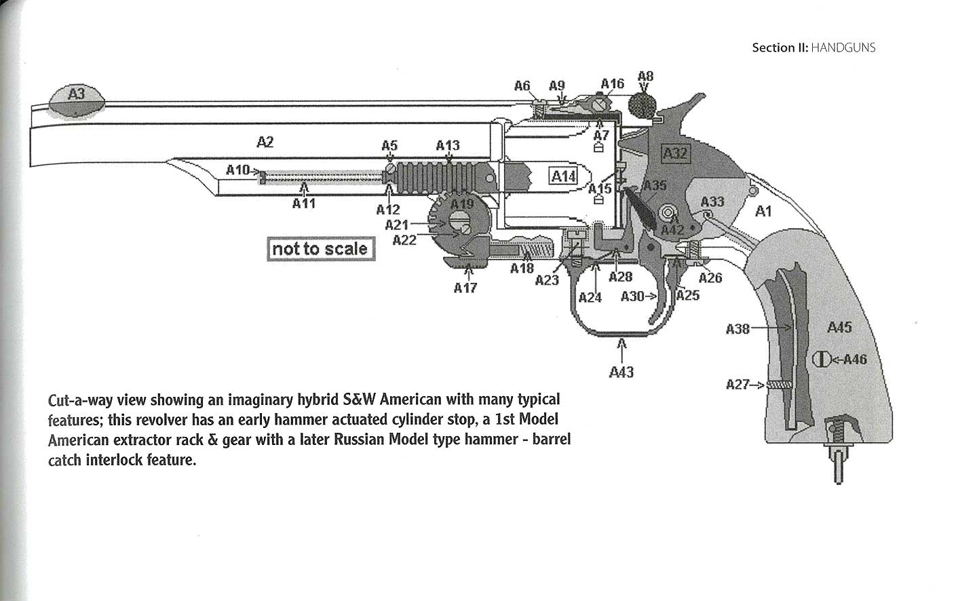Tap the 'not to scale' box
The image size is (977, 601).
tap(320, 249)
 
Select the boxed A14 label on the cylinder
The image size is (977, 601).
tap(564, 176)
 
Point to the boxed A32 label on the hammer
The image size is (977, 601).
tap(675, 153)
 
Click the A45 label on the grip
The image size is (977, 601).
tap(839, 328)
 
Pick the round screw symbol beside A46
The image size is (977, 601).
tap(819, 359)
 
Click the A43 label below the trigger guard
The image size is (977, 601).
tap(621, 372)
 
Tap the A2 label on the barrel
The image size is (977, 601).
tap(265, 142)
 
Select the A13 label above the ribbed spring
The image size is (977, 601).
tap(448, 145)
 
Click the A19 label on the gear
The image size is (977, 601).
tap(462, 204)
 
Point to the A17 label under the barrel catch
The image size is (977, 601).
tap(465, 288)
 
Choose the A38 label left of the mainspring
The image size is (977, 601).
tap(737, 329)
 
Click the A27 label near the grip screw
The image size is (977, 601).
tap(737, 385)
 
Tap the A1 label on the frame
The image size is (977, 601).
tap(763, 212)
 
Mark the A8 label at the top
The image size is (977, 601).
tap(646, 76)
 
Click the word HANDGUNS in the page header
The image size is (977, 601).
tap(843, 47)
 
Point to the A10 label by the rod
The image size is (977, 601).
tap(238, 170)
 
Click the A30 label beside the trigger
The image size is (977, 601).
tap(633, 296)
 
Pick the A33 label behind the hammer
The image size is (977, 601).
tap(712, 201)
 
